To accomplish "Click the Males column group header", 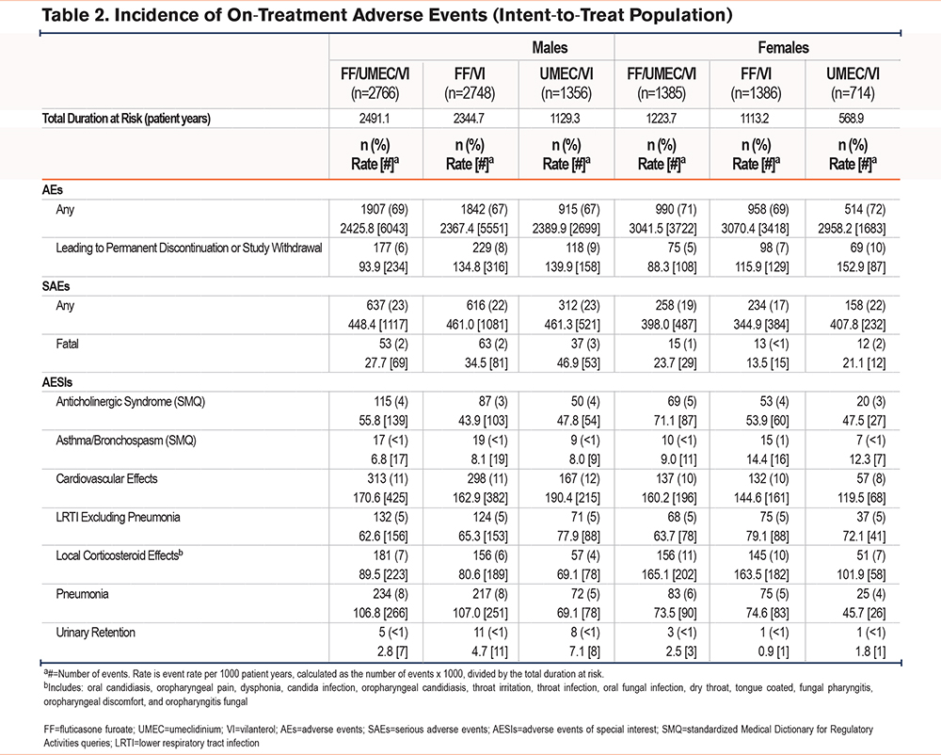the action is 550,47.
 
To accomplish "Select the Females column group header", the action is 783,47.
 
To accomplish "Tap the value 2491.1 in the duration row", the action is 375,119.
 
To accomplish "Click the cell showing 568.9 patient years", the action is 852,119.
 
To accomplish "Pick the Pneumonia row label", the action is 82,594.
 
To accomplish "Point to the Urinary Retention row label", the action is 95,633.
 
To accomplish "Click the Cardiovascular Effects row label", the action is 107,479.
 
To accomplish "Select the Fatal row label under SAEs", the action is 67,344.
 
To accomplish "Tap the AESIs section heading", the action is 57,382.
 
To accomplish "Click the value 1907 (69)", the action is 384,209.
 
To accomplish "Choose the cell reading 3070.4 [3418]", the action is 755,229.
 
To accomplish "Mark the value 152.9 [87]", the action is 861,267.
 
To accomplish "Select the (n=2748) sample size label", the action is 470,93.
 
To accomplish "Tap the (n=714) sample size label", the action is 853,93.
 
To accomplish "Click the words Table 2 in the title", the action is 75,15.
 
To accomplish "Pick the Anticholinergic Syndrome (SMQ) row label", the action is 130,402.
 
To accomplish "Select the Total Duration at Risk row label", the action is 126,119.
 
